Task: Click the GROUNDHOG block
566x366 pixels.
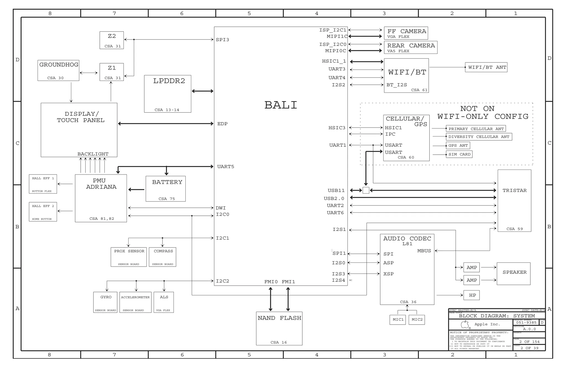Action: (x=58, y=70)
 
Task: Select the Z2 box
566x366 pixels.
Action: (x=112, y=40)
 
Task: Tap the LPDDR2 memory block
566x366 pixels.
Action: (x=167, y=94)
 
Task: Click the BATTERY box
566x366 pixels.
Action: (x=166, y=189)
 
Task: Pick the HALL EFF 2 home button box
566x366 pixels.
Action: (x=43, y=212)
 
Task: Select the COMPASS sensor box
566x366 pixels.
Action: (x=163, y=257)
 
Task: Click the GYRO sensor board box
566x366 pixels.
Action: (x=105, y=302)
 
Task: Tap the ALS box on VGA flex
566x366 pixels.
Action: (x=164, y=302)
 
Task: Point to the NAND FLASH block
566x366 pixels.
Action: (x=279, y=328)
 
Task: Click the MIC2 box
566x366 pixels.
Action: (x=416, y=320)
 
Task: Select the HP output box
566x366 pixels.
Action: (x=472, y=295)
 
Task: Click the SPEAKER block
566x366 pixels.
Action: (x=513, y=273)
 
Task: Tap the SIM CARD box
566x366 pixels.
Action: (x=459, y=154)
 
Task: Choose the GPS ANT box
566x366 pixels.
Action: (x=458, y=145)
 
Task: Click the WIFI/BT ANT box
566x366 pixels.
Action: (x=486, y=67)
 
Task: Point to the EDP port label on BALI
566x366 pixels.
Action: (x=222, y=124)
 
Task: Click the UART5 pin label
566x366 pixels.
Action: (x=226, y=167)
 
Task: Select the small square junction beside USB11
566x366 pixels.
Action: (x=366, y=190)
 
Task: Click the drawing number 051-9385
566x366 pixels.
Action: (x=526, y=322)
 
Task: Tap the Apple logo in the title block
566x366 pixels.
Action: (x=465, y=324)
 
